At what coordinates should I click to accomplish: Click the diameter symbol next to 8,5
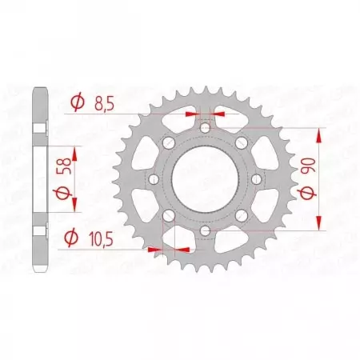[x=77, y=103]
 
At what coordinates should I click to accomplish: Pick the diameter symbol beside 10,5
[x=71, y=237]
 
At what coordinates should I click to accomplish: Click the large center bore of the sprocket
[x=205, y=180]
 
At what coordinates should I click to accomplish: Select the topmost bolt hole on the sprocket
[x=205, y=127]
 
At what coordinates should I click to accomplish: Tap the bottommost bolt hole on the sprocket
[x=205, y=232]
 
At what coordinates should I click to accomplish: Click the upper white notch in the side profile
[x=37, y=130]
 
